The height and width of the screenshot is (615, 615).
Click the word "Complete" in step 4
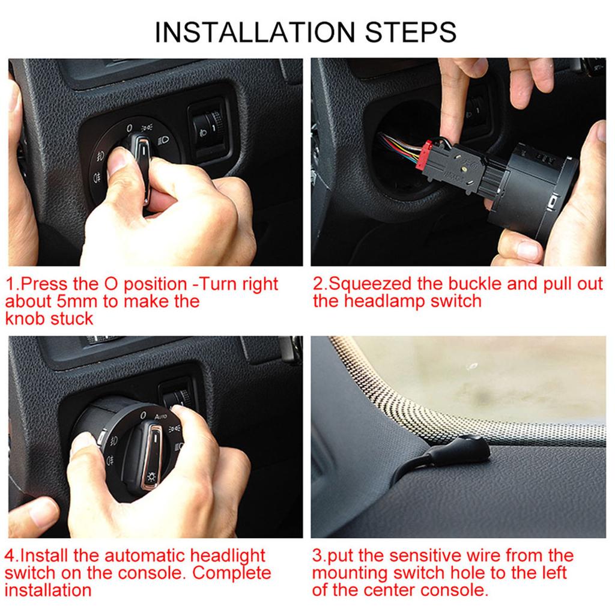[232, 572]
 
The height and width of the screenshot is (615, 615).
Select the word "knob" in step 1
[25, 318]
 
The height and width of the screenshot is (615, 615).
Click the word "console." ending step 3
[455, 589]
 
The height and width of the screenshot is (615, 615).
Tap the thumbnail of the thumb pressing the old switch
[120, 161]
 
